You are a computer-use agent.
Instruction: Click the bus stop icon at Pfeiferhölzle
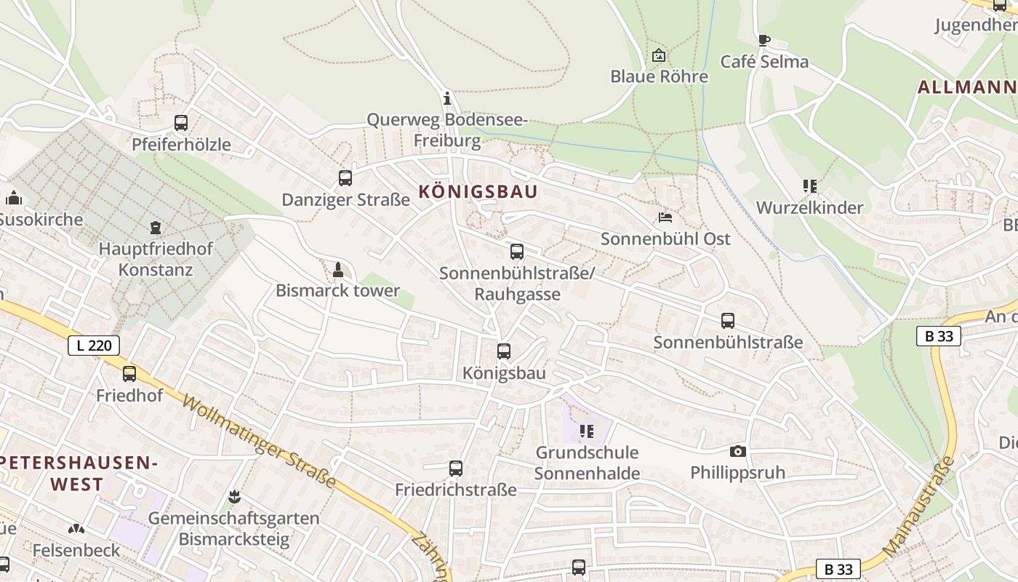pos(181,123)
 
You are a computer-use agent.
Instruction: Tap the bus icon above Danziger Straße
pos(345,178)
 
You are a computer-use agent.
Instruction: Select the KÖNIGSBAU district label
pos(478,191)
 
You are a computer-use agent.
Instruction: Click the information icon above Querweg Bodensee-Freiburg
pos(447,98)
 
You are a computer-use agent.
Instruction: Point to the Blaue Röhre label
pos(659,76)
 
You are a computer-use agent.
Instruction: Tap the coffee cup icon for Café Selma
pos(763,40)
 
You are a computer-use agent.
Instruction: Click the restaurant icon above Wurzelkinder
pos(810,186)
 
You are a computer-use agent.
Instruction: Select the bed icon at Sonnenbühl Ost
pos(665,217)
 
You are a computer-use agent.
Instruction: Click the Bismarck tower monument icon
pos(337,270)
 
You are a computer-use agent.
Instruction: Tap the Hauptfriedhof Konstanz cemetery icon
pos(155,228)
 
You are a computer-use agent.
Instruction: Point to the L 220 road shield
pos(94,345)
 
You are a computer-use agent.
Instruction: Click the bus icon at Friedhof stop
pos(129,374)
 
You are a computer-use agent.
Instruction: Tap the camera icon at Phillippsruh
pos(738,452)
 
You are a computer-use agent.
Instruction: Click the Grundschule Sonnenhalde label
pos(587,463)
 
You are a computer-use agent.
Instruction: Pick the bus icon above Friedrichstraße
pos(456,469)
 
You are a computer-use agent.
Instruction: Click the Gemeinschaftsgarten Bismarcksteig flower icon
pos(234,497)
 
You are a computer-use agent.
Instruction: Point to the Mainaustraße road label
pos(918,508)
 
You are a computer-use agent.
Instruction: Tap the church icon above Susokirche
pos(13,198)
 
